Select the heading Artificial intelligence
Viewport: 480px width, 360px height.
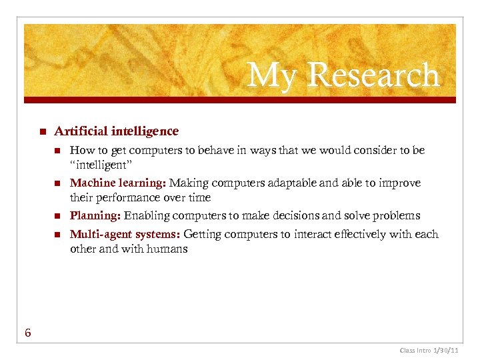(116, 131)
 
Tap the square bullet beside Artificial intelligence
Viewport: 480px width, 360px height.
(41, 131)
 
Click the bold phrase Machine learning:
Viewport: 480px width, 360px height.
(118, 183)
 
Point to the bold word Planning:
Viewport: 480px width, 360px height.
(95, 215)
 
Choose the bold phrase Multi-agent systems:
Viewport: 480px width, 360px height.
(125, 234)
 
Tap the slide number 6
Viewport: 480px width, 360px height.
(28, 333)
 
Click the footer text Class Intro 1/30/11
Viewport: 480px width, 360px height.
(428, 350)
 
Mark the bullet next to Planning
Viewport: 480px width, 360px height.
(57, 216)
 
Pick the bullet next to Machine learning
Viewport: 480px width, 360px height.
(57, 183)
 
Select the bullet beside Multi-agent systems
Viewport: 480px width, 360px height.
(57, 235)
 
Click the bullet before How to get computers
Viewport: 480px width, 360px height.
(57, 151)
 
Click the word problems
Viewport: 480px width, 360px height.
(398, 215)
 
